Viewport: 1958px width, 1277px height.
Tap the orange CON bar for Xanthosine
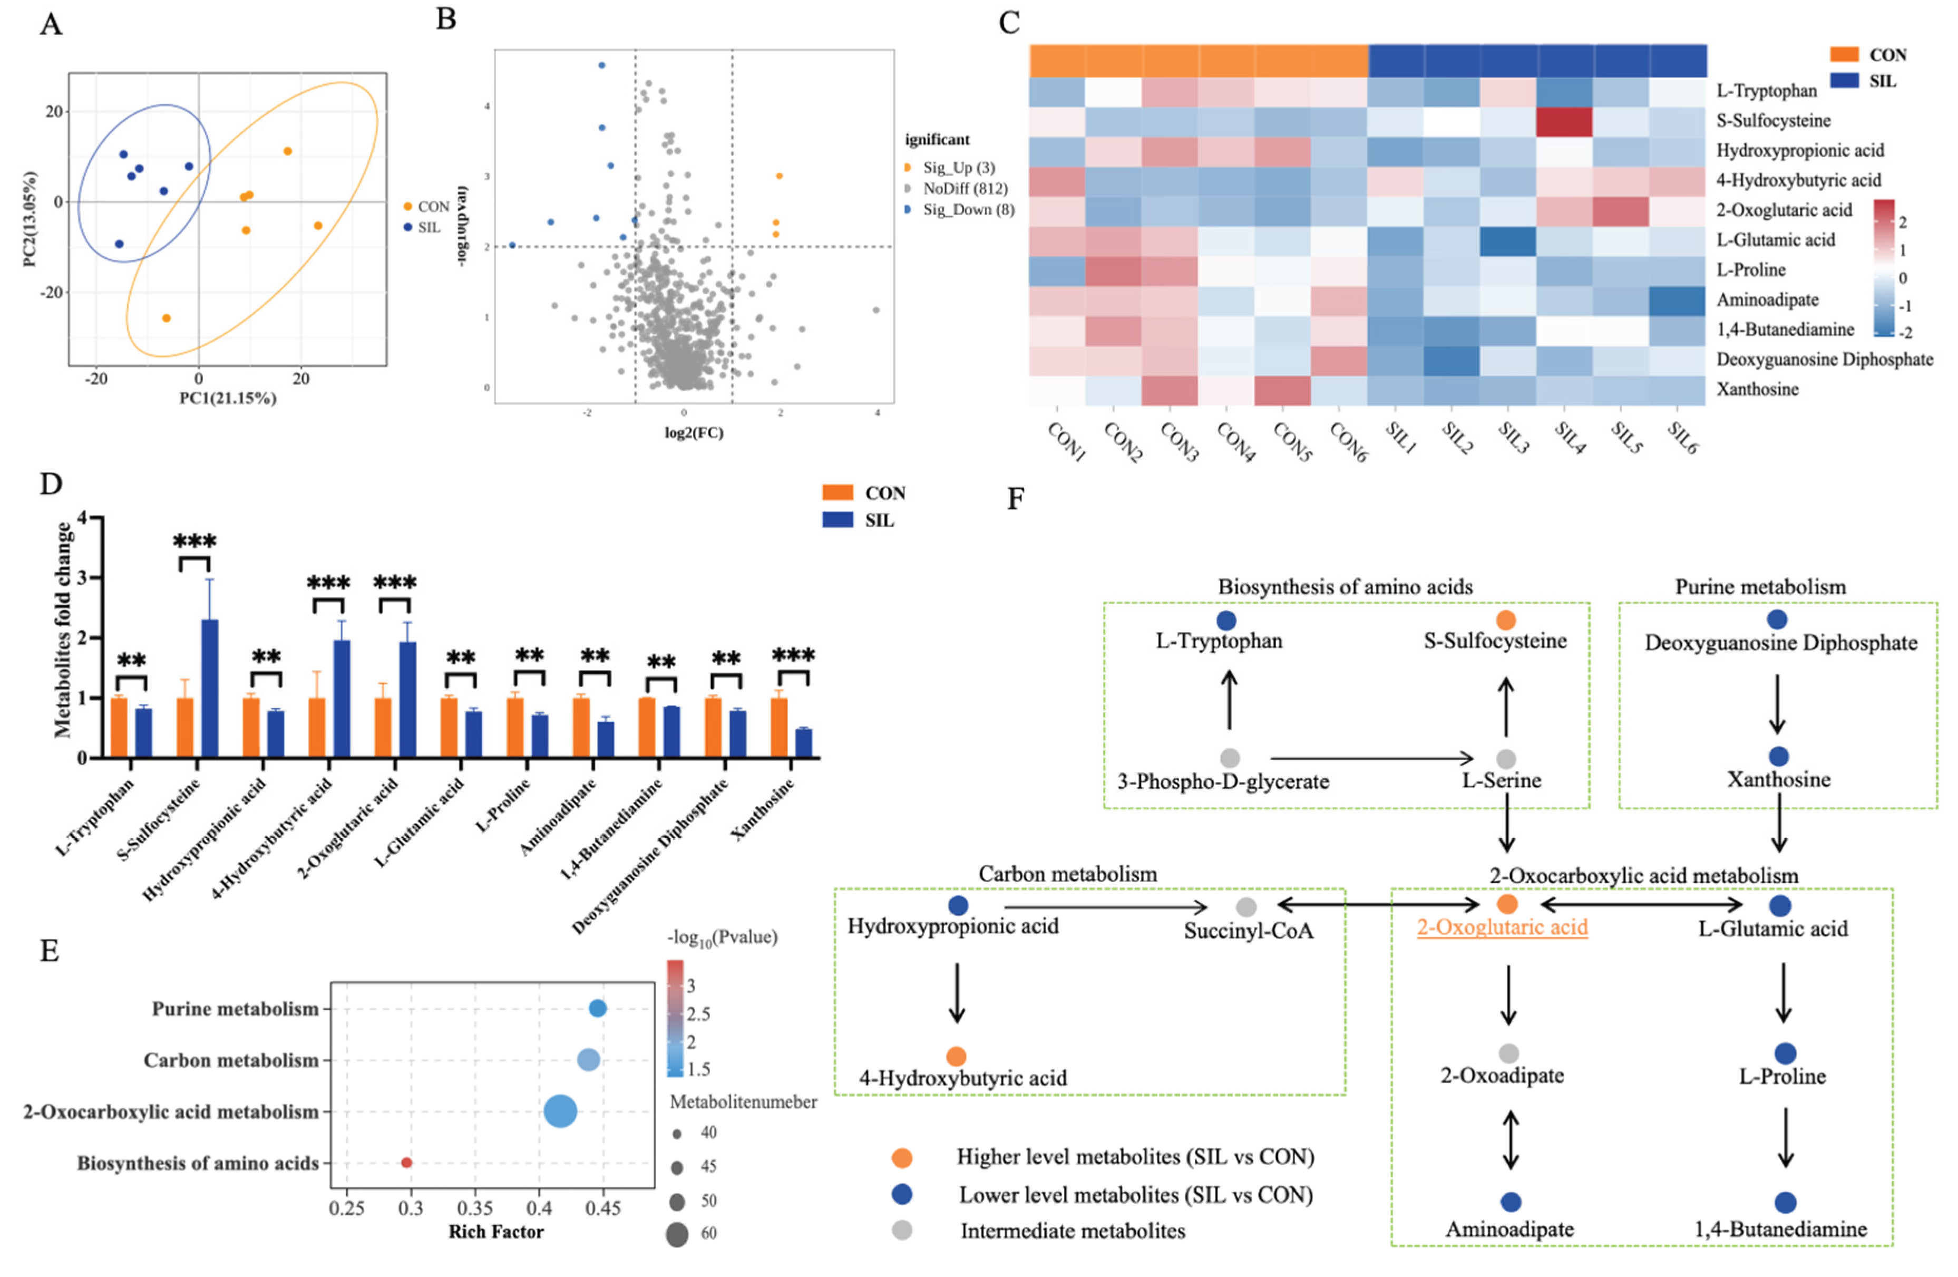click(x=778, y=728)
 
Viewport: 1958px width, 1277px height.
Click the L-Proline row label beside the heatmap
click(x=1750, y=270)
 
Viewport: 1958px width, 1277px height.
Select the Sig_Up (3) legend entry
click(x=958, y=168)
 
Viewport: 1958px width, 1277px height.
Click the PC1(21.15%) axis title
click(x=228, y=398)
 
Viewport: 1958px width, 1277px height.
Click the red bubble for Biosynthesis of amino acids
click(x=406, y=1163)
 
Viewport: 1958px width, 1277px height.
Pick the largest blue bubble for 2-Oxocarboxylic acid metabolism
click(x=560, y=1111)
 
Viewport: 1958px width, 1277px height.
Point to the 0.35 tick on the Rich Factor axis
click(x=475, y=1208)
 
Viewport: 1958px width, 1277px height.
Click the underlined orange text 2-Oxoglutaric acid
click(x=1502, y=927)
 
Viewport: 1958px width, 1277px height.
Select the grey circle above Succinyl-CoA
click(x=1246, y=907)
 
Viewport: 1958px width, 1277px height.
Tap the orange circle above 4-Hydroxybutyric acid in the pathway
click(x=956, y=1056)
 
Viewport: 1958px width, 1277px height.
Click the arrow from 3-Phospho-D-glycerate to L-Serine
click(x=1370, y=758)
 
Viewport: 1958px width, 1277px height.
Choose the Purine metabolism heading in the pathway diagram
click(x=1760, y=587)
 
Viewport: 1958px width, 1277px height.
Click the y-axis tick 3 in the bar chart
click(x=82, y=578)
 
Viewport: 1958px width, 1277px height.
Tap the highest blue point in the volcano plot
click(x=601, y=65)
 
